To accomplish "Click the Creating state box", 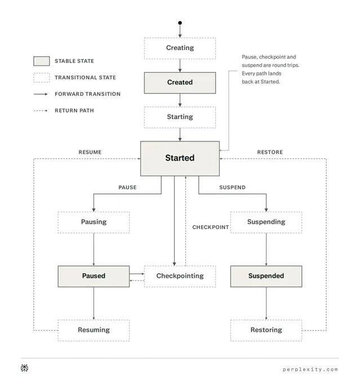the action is click(x=180, y=48).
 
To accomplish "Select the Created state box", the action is click(x=180, y=83).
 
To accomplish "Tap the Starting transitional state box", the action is click(x=180, y=117).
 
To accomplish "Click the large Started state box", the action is click(x=180, y=158).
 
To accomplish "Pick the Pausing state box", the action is click(x=94, y=222).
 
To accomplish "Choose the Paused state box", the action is click(x=94, y=276).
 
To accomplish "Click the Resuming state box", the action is click(x=94, y=330).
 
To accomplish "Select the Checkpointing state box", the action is click(x=180, y=276).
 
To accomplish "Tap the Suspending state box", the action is click(x=266, y=222).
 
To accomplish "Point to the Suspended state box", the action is click(x=266, y=276).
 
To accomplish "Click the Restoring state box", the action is click(x=266, y=330).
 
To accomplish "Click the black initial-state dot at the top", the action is click(x=180, y=23).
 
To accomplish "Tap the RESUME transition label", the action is click(x=90, y=152).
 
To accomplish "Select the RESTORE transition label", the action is click(x=270, y=152).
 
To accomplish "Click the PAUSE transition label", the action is click(x=127, y=188).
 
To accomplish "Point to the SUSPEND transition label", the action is click(x=233, y=188).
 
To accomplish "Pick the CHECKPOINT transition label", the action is click(x=211, y=227).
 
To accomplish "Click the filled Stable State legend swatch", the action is click(x=42, y=61).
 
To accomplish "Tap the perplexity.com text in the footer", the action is click(x=310, y=369).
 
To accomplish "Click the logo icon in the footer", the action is click(x=24, y=368).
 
